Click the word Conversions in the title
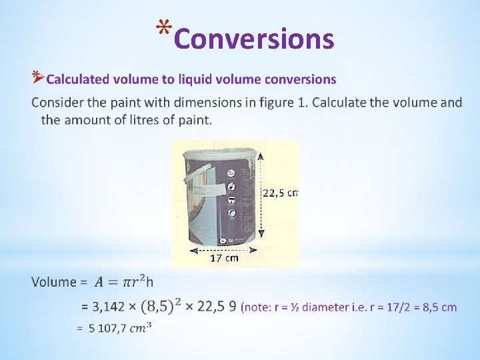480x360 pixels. [253, 39]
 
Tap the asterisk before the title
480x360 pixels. [163, 29]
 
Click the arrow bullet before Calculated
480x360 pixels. [37, 78]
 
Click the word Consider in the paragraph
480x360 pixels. [55, 103]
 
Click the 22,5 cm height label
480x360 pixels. [280, 193]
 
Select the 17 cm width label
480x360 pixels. [225, 258]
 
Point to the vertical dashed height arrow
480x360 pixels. [261, 193]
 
